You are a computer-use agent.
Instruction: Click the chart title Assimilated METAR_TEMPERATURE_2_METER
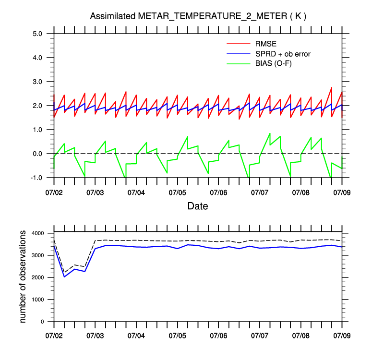point(198,16)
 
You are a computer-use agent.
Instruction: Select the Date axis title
point(198,206)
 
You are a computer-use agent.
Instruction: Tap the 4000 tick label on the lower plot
point(38,233)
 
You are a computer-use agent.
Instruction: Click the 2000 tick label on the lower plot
point(38,277)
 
